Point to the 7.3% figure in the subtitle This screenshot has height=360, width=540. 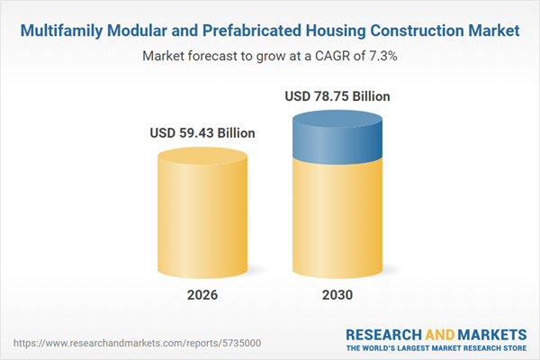[x=380, y=56]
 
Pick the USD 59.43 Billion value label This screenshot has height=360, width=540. [x=202, y=133]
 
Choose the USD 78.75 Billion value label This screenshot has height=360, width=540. [x=337, y=95]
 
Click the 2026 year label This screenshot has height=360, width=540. [x=202, y=295]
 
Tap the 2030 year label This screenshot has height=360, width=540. [x=337, y=295]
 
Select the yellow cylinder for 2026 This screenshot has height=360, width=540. [x=202, y=216]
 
